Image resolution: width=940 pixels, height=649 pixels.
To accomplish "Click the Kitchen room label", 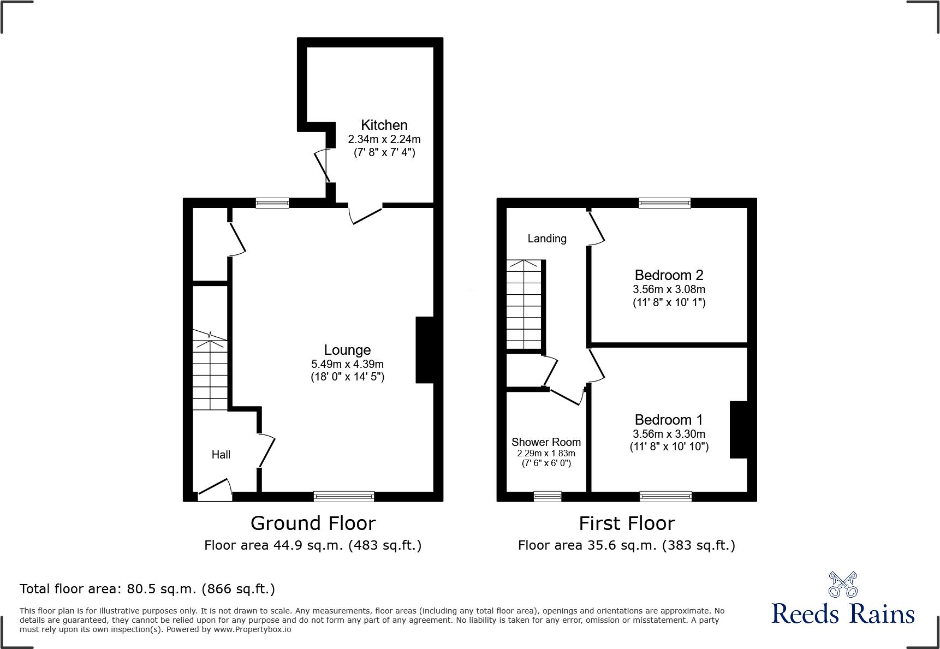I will click(x=384, y=125).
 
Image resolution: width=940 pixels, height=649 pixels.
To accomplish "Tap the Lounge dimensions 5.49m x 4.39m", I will click(x=347, y=364).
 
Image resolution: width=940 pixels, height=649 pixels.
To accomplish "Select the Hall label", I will click(x=221, y=455).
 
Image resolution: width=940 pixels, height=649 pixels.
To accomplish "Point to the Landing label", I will click(x=546, y=239).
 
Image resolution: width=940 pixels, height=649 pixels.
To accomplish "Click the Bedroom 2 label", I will click(x=669, y=275).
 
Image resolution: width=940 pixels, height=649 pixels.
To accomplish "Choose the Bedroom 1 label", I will click(x=669, y=420).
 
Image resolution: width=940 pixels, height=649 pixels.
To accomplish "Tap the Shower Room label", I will click(x=546, y=442).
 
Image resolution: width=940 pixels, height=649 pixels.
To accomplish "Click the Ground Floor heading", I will click(x=313, y=523).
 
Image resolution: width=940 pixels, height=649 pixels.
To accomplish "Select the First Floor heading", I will click(x=627, y=523).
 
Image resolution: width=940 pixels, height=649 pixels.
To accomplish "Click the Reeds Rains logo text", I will click(x=843, y=614).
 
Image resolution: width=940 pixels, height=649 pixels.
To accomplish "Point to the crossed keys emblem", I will click(x=843, y=584).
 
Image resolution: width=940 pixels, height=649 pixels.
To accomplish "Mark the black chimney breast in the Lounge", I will click(x=425, y=350).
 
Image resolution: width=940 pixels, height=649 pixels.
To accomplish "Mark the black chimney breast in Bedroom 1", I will click(x=739, y=430).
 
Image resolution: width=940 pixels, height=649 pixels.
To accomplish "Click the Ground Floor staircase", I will click(x=210, y=371).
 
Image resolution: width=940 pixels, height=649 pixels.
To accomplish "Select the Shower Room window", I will click(x=547, y=496).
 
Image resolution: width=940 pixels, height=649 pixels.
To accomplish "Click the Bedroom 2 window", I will click(x=664, y=203).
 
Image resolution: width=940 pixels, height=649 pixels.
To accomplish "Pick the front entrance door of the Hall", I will click(x=215, y=490).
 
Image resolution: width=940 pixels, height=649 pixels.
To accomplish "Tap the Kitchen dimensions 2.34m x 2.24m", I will click(x=384, y=139).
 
